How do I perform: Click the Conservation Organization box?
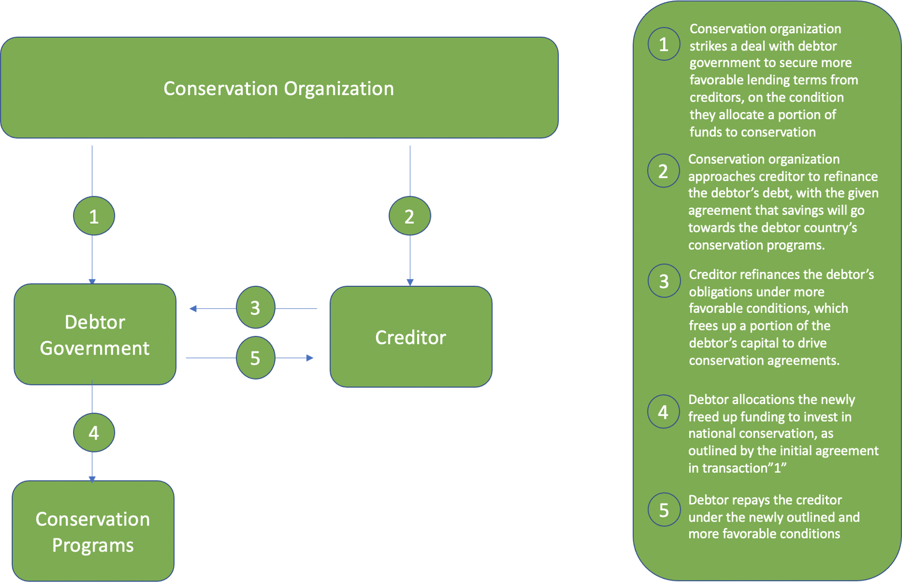[x=279, y=88]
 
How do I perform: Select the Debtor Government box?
[x=95, y=334]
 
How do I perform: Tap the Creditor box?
[x=411, y=337]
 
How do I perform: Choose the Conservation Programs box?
[x=93, y=531]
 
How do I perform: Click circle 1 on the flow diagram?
[x=94, y=216]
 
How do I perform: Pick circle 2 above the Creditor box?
[x=409, y=216]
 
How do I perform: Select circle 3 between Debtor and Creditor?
[x=255, y=308]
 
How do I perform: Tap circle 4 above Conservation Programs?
[x=94, y=433]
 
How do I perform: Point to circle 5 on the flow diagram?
[x=255, y=358]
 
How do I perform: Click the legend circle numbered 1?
[x=664, y=45]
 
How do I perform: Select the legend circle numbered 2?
[x=663, y=171]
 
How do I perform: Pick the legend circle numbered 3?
[x=664, y=281]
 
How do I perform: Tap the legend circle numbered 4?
[x=663, y=412]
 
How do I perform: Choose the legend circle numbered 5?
[x=664, y=510]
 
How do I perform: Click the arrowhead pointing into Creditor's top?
[x=410, y=282]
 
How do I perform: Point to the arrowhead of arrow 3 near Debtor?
[x=193, y=308]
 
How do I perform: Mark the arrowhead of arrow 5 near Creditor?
[x=310, y=358]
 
